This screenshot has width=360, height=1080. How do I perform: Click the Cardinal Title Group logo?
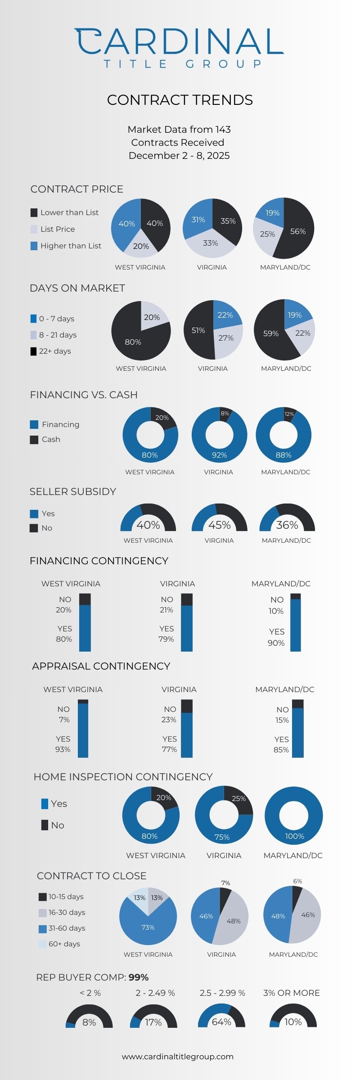tap(180, 47)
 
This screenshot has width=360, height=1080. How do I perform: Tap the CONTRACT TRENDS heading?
tap(180, 100)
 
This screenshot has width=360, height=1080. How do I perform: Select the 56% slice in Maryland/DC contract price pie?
tap(297, 231)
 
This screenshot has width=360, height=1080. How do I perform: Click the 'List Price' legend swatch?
tap(34, 229)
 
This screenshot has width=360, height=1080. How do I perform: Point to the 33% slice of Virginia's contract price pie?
tap(210, 243)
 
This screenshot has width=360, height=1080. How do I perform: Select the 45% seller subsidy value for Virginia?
tap(219, 525)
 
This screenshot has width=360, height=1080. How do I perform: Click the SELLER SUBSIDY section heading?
tap(73, 491)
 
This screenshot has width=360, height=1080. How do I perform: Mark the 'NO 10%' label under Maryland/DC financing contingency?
tap(276, 605)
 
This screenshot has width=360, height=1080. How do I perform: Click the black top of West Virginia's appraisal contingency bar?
tap(83, 702)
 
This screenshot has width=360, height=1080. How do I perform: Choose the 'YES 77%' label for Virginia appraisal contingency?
tap(169, 744)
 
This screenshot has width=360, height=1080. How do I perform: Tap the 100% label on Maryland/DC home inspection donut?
tap(294, 836)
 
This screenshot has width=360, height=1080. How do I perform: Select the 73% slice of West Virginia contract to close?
tap(148, 927)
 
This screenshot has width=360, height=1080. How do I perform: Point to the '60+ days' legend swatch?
tap(43, 944)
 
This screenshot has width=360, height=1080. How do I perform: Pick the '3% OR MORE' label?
tap(291, 993)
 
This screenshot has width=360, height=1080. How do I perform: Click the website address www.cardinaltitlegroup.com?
tap(178, 1057)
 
